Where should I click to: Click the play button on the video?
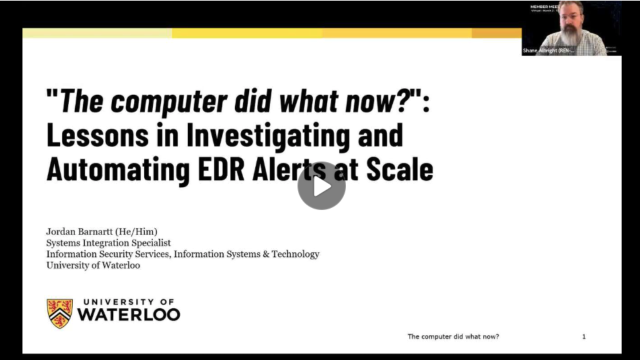click(321, 185)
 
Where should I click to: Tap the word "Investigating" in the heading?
click(267, 135)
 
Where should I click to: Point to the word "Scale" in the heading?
click(399, 170)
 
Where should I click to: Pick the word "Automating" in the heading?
click(118, 170)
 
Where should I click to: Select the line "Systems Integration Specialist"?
click(108, 242)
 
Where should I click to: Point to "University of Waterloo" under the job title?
click(93, 265)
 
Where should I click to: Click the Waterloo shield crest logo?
click(59, 313)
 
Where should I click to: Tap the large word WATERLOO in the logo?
click(128, 315)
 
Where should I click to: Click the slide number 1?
click(583, 336)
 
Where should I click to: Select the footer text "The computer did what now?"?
click(453, 336)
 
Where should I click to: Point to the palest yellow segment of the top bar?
click(97, 33)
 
